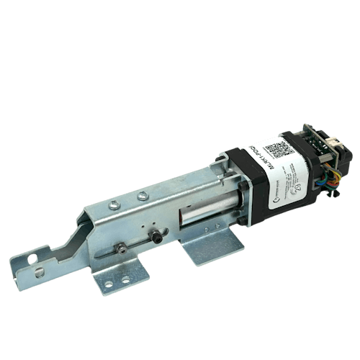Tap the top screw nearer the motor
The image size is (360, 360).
143,194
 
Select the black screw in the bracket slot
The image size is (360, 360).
153,236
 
